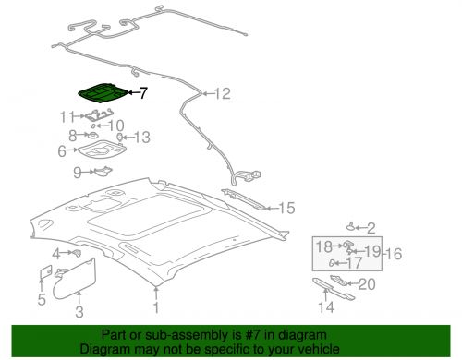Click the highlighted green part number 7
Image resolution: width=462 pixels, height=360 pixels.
[103, 92]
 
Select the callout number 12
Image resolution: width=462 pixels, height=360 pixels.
[222, 93]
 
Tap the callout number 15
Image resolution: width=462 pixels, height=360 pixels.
[286, 209]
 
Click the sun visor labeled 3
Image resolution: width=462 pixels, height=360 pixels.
[74, 279]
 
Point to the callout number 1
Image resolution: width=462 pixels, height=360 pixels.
[156, 307]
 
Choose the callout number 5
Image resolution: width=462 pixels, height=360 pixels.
[42, 299]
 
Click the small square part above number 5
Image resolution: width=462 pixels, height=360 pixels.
[46, 272]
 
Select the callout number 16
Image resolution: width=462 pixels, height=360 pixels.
[394, 254]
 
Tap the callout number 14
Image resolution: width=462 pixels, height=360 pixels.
[326, 307]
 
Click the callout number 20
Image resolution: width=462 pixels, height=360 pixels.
[367, 284]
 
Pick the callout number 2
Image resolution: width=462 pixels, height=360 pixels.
[371, 228]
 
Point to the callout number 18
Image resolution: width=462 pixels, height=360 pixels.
[324, 246]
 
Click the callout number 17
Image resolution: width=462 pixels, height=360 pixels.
[354, 263]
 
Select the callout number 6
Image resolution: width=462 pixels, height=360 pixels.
[62, 151]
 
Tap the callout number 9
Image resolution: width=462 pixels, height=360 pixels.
[78, 173]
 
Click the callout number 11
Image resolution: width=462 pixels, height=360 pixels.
[67, 117]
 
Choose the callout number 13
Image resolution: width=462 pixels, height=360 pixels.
[141, 138]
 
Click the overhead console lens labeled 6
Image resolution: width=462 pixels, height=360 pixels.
[102, 150]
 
